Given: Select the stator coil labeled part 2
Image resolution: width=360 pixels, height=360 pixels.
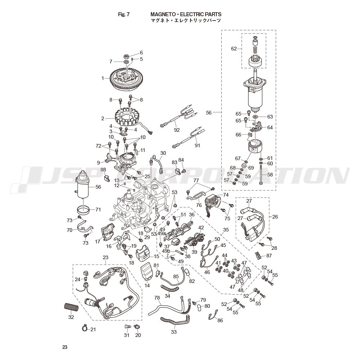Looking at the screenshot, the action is tap(126, 117).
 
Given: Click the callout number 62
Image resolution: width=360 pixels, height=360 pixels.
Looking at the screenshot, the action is tap(234, 49).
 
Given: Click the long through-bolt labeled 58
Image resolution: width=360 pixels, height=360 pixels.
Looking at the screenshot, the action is tap(261, 175).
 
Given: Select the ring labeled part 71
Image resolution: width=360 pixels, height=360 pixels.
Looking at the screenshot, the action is tap(83, 209).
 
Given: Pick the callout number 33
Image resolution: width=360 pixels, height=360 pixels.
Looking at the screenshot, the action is tap(174, 332).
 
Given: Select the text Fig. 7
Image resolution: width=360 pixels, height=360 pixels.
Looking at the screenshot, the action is tap(124, 14).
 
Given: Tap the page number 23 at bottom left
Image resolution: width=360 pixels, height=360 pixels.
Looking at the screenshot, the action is tap(65, 347).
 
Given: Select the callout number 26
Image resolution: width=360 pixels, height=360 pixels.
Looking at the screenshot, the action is tap(275, 216).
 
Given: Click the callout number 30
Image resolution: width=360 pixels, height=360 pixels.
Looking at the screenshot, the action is tap(163, 153).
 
